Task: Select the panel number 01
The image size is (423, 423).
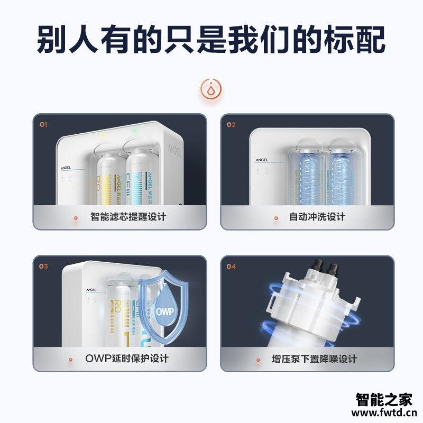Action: coord(44,125)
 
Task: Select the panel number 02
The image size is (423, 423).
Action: coord(231,125)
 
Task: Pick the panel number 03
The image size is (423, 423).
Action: coord(44,266)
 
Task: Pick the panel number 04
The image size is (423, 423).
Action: coord(231,266)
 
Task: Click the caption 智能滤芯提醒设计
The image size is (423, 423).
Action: coord(128,217)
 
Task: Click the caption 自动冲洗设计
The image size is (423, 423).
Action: coord(317,217)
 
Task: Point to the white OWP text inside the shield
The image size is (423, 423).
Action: coord(164,310)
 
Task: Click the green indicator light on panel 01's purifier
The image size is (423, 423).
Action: coord(135,130)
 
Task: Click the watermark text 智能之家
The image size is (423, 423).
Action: coord(383,400)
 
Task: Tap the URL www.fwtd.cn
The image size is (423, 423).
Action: coord(383,413)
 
